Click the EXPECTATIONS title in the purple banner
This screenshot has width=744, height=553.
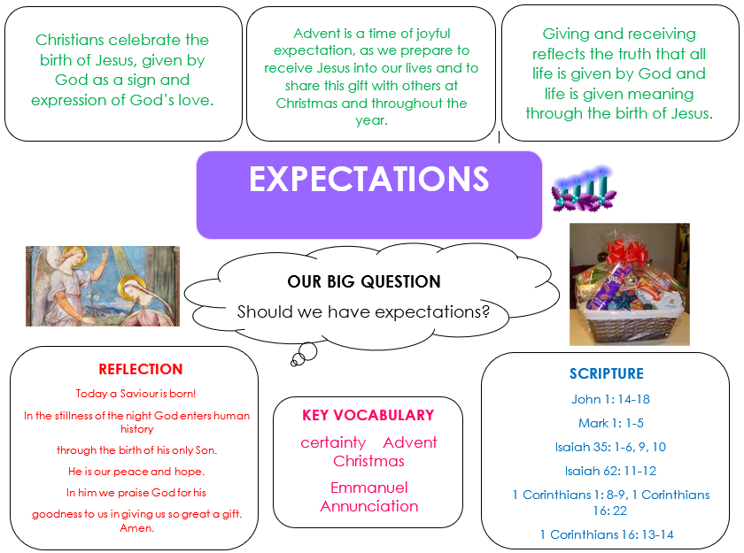pos(368,179)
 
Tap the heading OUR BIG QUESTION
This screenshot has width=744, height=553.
pos(364,281)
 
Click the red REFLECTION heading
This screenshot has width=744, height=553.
pos(141,369)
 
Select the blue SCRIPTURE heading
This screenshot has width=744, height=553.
pos(607,373)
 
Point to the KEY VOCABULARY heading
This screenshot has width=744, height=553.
pos(368,415)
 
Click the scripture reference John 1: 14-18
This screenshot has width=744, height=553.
pos(610,399)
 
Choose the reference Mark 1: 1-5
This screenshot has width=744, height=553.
pos(610,423)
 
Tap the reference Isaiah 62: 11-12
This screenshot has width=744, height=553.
pos(610,471)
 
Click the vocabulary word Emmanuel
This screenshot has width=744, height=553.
pos(368,488)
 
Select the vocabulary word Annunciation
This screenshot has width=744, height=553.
pos(369,506)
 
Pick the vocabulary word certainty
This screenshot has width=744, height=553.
pos(333,442)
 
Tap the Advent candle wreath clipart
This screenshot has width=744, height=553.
pos(584,188)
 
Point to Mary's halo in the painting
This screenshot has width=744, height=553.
pos(129,287)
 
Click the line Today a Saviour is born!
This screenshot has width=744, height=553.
pos(136,394)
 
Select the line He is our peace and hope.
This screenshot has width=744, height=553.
pos(136,472)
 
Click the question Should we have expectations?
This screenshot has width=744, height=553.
pos(363,311)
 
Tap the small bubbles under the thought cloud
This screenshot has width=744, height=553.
pos(304,355)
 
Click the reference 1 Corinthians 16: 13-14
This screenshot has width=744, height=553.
pos(607,534)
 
